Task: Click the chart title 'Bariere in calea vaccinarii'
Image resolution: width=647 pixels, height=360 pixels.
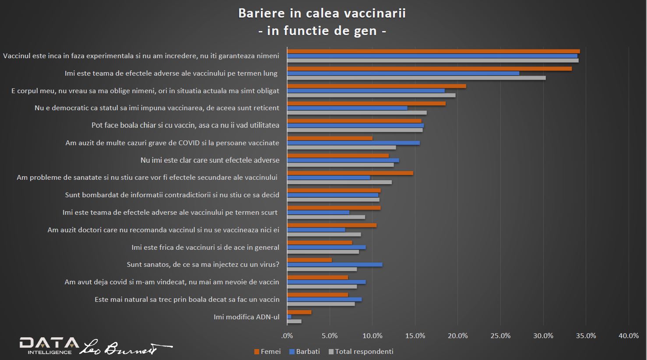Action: (322, 13)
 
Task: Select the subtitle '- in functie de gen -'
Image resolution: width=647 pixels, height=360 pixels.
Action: (322, 31)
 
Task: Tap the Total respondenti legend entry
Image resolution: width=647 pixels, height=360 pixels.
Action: (361, 352)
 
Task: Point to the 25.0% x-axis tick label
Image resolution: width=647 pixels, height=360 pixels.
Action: (500, 336)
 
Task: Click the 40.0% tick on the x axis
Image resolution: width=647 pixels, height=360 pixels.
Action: (628, 336)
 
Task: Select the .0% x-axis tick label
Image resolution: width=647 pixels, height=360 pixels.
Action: (287, 336)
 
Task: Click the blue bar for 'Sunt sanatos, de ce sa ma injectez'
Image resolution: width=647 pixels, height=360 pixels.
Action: (334, 265)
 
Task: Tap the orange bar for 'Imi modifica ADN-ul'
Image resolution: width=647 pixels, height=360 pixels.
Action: (299, 312)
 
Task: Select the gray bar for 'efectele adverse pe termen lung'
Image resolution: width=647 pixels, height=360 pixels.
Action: (416, 78)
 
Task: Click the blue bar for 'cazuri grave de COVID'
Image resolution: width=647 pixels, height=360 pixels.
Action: (353, 143)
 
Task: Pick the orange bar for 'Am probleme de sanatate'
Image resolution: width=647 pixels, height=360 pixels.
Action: (350, 173)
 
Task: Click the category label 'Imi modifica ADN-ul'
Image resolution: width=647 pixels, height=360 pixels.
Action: (246, 317)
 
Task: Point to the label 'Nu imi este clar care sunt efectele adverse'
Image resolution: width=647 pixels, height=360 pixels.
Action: (210, 161)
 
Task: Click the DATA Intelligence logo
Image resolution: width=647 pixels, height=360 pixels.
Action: (48, 346)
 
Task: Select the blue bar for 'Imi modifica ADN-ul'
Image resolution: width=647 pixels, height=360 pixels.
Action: (289, 317)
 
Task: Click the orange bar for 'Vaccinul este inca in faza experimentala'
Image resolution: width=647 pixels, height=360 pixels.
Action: (433, 51)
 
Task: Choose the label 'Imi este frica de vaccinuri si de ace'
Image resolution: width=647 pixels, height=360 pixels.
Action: (205, 248)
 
